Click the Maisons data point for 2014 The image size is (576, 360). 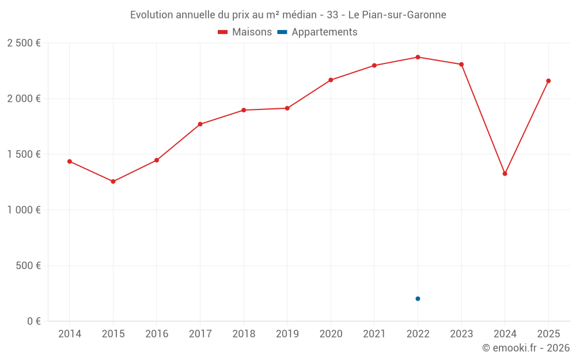[x=70, y=161]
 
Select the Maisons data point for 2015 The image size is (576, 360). [x=113, y=181]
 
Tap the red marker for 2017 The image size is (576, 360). [x=200, y=124]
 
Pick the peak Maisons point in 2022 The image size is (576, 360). [x=418, y=57]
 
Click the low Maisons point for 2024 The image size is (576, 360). [x=505, y=173]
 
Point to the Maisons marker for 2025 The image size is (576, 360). [x=548, y=81]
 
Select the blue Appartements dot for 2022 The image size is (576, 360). [x=418, y=298]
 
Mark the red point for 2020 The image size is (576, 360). [x=331, y=80]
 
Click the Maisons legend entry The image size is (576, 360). [x=245, y=32]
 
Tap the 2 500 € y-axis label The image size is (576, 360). [x=24, y=43]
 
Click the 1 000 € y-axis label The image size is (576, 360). [x=24, y=210]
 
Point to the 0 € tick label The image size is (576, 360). [x=33, y=321]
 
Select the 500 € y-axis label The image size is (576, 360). [x=29, y=266]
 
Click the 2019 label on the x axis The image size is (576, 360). [x=287, y=334]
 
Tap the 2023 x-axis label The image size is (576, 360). [x=461, y=334]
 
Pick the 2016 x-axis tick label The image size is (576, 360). [x=157, y=334]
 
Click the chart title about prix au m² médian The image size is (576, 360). [x=288, y=15]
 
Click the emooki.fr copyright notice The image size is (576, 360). [x=526, y=348]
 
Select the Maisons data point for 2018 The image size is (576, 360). [x=244, y=110]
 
